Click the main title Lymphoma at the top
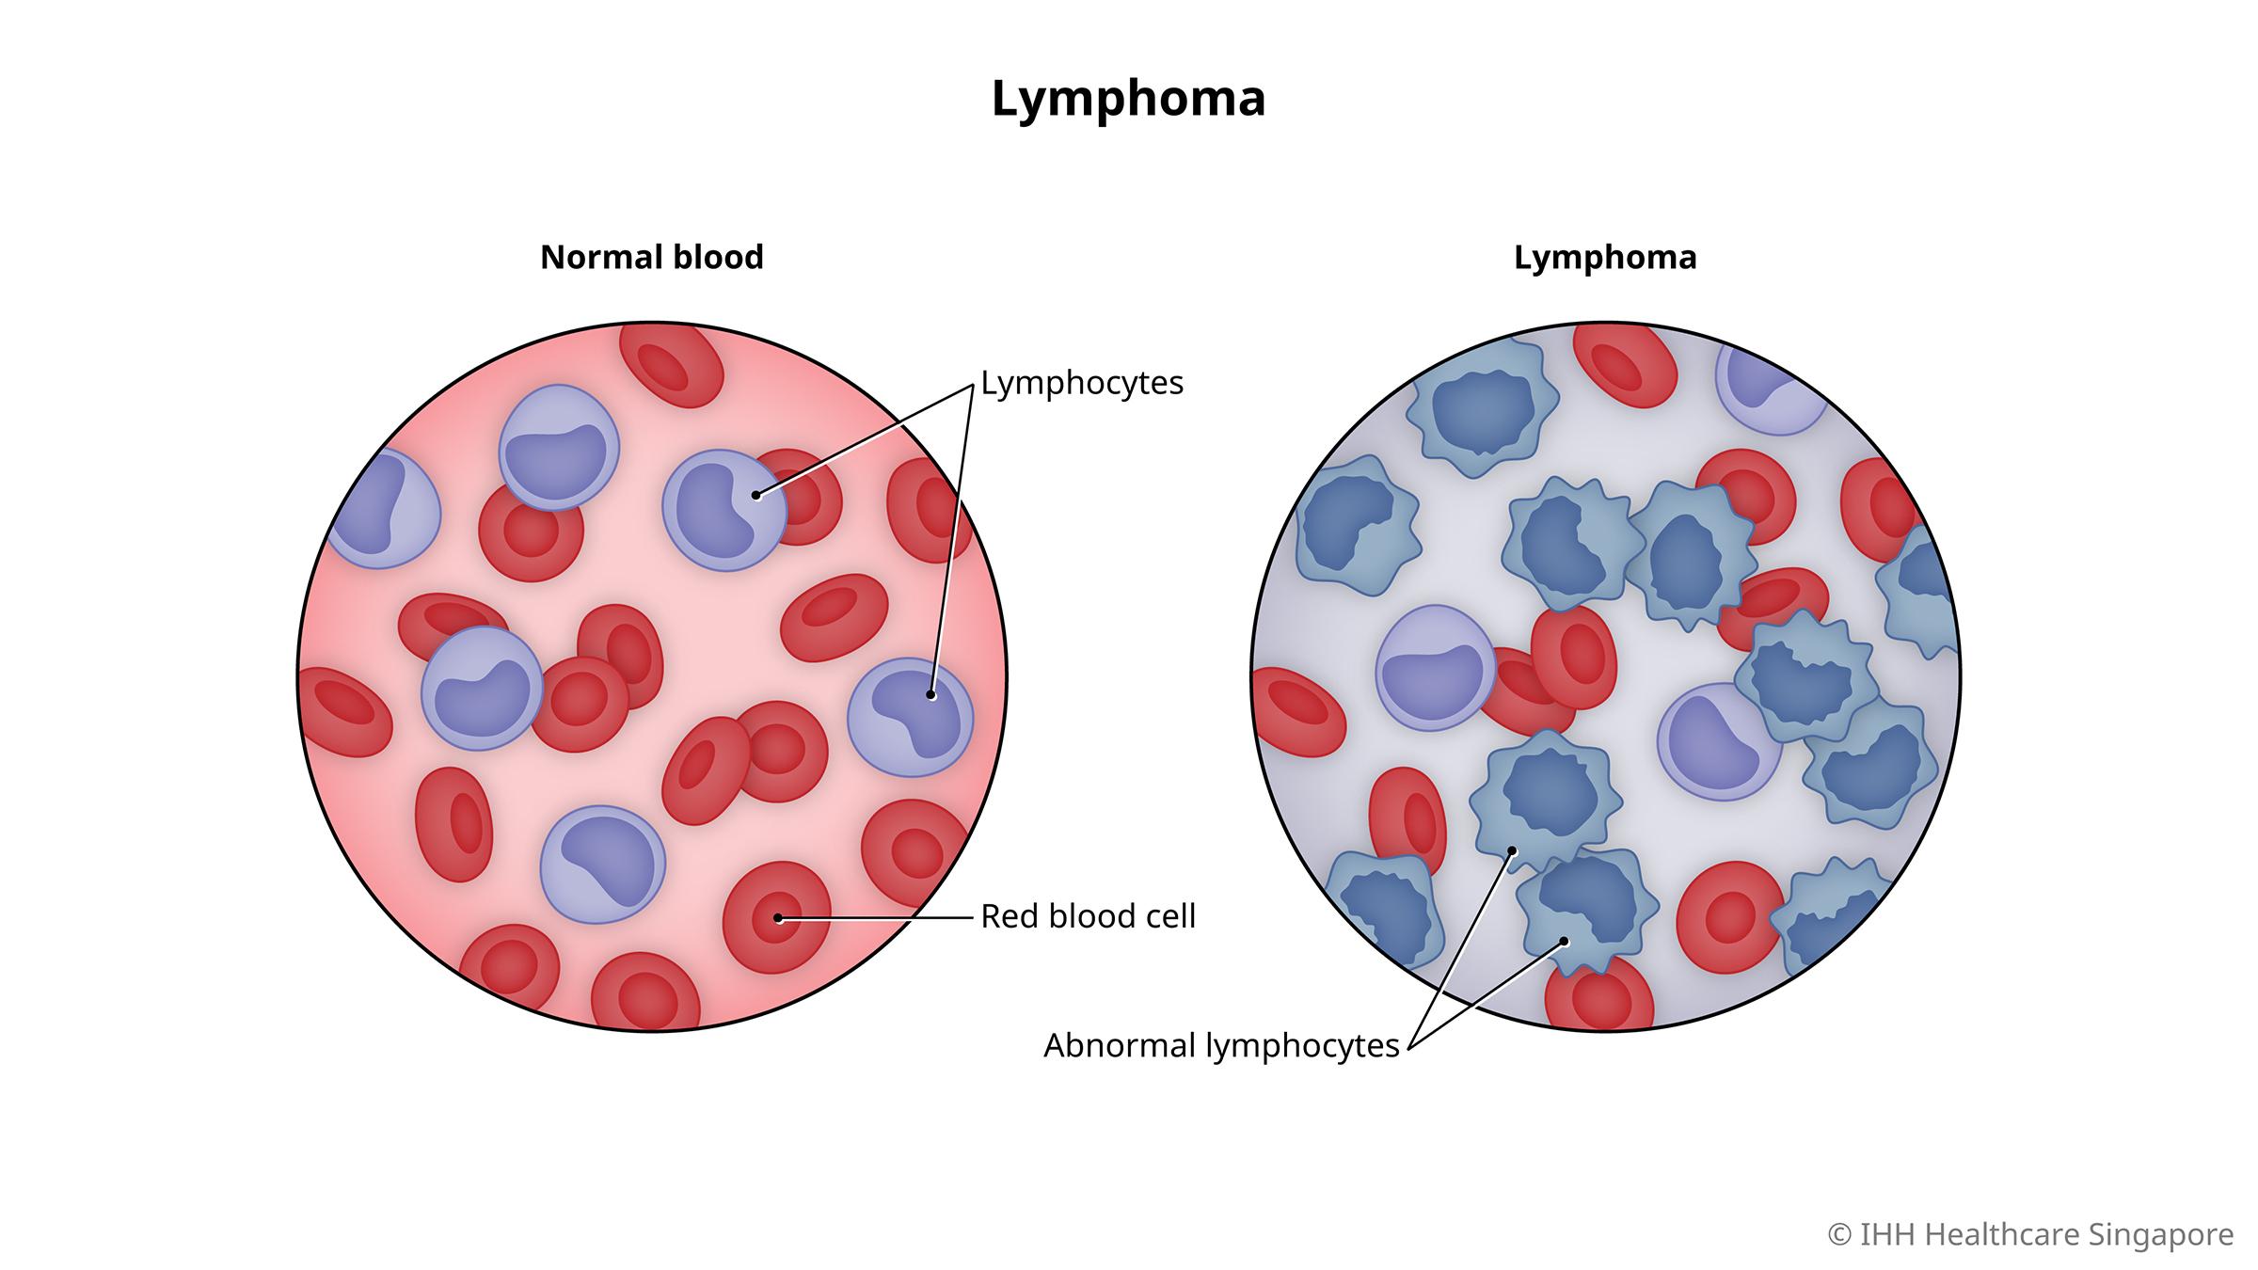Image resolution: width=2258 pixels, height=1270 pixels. [x=1128, y=99]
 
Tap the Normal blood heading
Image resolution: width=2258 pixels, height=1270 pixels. [x=651, y=257]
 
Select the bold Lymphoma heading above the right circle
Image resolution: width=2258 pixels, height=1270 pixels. [x=1605, y=257]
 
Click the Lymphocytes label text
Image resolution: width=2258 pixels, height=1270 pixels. [x=1082, y=383]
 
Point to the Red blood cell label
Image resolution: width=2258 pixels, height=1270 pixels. [x=1088, y=916]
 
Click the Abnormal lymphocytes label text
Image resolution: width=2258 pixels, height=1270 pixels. [x=1221, y=1045]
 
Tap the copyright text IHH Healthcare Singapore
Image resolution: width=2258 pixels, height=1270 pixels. [x=2030, y=1234]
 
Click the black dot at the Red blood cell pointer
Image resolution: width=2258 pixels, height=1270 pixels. [x=779, y=918]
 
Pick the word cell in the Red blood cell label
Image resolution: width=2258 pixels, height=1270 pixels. [x=1168, y=916]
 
